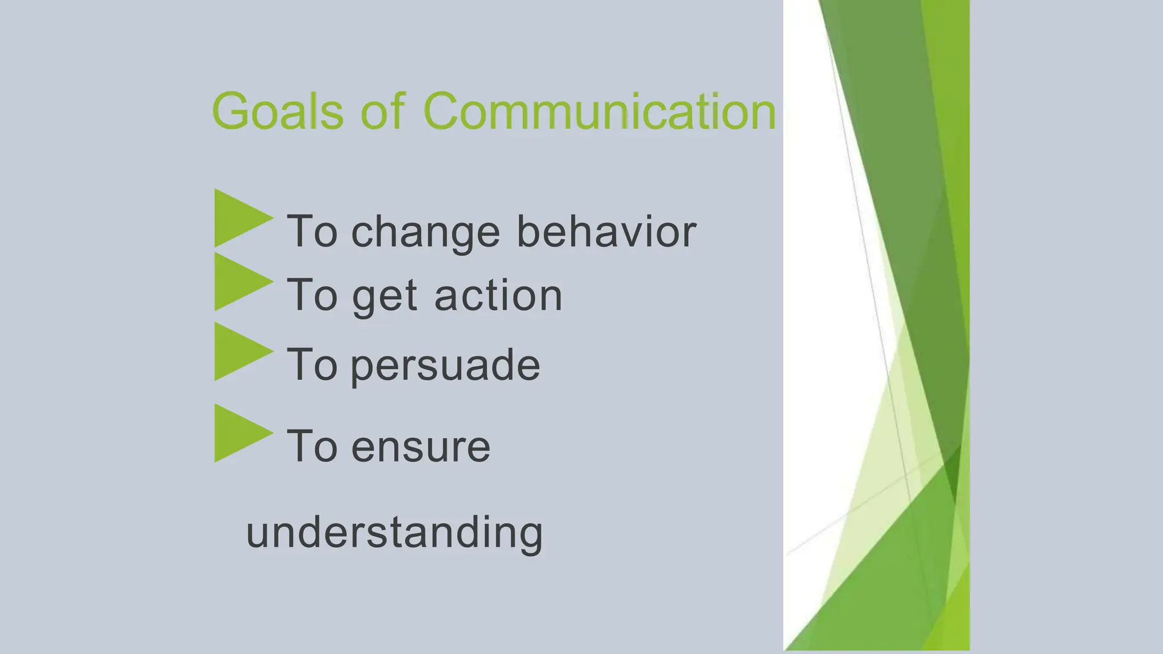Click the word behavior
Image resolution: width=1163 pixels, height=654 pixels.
(606, 231)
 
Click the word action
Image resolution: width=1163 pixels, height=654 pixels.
(498, 295)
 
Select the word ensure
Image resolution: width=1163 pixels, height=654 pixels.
(421, 447)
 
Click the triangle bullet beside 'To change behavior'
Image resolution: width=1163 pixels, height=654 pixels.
(239, 219)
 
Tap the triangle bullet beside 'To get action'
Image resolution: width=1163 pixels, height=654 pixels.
(239, 282)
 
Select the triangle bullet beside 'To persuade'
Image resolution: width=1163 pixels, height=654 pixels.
(239, 351)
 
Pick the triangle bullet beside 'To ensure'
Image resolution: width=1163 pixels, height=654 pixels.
(239, 433)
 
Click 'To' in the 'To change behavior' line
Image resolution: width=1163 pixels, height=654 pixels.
(312, 231)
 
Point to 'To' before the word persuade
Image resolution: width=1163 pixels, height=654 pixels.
(312, 364)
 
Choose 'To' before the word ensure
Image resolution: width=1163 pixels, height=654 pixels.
(312, 446)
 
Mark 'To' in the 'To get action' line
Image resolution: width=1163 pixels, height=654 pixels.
(312, 295)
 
